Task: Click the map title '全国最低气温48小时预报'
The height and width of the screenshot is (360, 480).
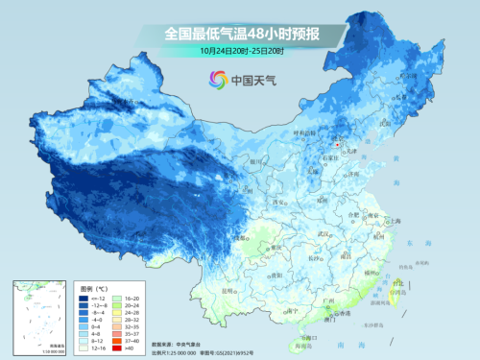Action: [x=240, y=33]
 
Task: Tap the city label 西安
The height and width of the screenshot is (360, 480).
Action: [x=279, y=203]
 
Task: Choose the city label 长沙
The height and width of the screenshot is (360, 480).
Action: [x=315, y=258]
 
